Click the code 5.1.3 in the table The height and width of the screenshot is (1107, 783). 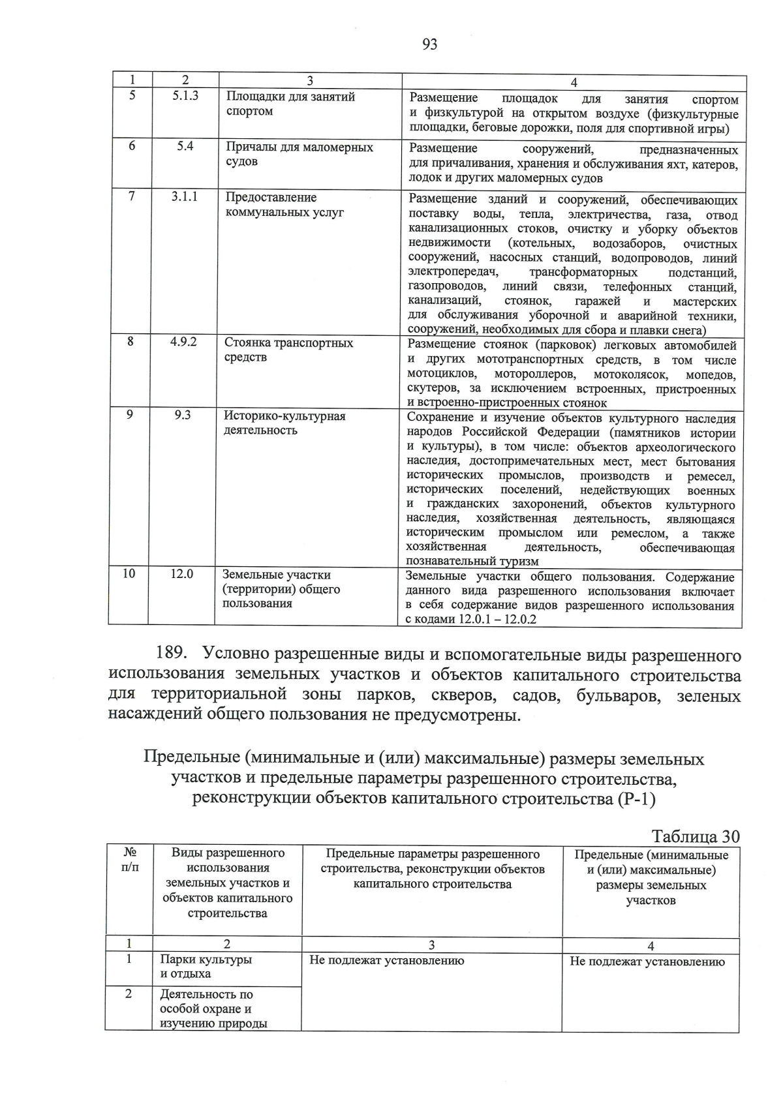point(185,96)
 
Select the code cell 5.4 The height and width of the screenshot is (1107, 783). point(185,146)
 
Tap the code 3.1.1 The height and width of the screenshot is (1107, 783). point(185,196)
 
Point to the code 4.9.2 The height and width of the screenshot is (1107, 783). point(184,342)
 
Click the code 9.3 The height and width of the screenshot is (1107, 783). point(183,415)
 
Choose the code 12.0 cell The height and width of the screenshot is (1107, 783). point(182,574)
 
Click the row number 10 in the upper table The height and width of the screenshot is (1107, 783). point(129,574)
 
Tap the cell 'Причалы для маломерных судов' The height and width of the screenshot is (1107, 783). point(299,154)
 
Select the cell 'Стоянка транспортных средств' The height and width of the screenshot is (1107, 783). point(288,350)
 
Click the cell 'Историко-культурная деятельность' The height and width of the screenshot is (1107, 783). point(284,423)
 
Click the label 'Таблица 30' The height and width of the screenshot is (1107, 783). point(696,837)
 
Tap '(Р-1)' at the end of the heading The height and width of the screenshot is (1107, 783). point(636,799)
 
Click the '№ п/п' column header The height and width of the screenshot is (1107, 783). point(129,860)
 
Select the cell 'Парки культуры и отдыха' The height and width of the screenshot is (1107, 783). point(206,967)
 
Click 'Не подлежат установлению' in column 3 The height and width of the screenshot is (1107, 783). point(386,960)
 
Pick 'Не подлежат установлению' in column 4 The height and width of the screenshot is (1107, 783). point(647,962)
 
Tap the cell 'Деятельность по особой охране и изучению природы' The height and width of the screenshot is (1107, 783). point(213,1008)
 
